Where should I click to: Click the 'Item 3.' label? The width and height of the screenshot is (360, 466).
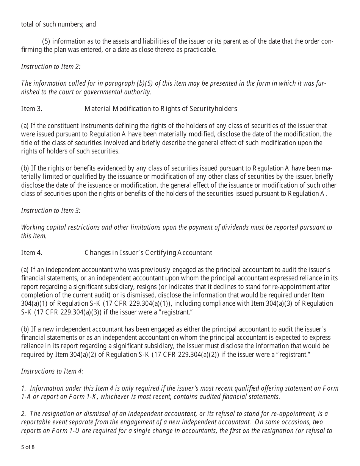point(31,109)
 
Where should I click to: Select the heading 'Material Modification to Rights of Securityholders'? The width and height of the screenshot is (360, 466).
point(161,109)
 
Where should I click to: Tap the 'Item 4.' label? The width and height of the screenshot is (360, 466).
point(31,253)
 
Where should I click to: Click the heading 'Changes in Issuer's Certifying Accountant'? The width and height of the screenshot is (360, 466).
point(148,253)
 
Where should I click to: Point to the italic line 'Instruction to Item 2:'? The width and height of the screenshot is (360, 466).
point(51,67)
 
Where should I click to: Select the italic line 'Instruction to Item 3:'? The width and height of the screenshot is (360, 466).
point(51,211)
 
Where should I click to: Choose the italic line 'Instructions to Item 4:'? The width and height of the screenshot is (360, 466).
point(52,371)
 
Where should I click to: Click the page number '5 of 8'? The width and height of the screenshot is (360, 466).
point(28,447)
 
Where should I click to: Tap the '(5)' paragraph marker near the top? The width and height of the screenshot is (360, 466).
point(46,41)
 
